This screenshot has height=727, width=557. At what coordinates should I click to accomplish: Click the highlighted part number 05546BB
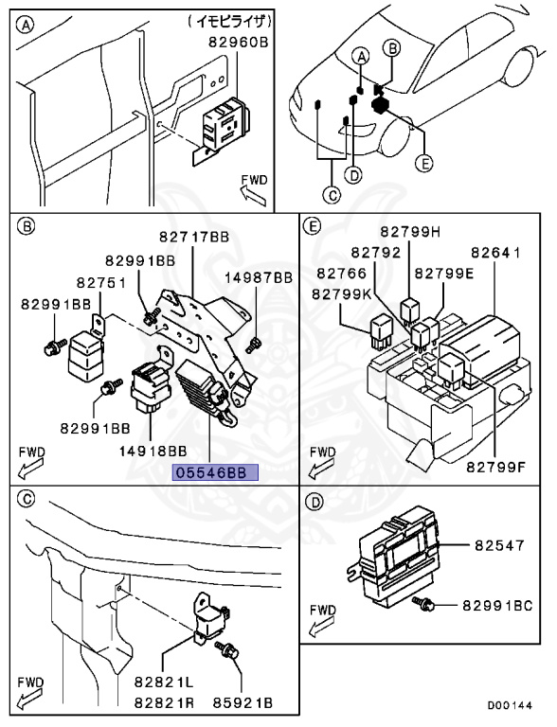tap(215, 472)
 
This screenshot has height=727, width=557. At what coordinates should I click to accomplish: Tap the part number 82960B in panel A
tap(239, 43)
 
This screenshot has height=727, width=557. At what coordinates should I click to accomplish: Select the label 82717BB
tap(194, 237)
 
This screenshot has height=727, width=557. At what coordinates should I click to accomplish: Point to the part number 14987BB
tap(259, 277)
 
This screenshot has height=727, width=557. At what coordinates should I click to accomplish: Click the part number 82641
tap(495, 253)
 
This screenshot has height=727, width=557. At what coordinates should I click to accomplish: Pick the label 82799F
tap(495, 467)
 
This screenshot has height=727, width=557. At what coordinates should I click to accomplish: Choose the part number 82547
tap(499, 545)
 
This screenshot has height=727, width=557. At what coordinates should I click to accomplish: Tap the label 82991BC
tap(497, 606)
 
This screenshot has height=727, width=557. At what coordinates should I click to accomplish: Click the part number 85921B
tap(243, 703)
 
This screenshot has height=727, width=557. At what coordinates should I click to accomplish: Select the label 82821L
tap(164, 682)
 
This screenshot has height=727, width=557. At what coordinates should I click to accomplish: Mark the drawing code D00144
tap(510, 705)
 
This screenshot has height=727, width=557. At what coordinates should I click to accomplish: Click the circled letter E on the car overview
tap(423, 163)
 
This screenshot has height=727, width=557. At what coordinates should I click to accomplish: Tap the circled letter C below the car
tap(332, 195)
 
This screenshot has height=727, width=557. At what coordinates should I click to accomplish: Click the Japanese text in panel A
tap(229, 22)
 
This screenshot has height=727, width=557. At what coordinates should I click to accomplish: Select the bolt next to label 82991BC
tap(422, 603)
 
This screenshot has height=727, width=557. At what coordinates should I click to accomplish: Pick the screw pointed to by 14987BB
tap(253, 345)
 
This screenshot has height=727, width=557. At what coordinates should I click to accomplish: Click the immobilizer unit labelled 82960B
tap(226, 123)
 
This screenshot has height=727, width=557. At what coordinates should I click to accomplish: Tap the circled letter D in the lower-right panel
tap(315, 502)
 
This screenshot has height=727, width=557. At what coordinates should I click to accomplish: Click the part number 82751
tap(101, 282)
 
